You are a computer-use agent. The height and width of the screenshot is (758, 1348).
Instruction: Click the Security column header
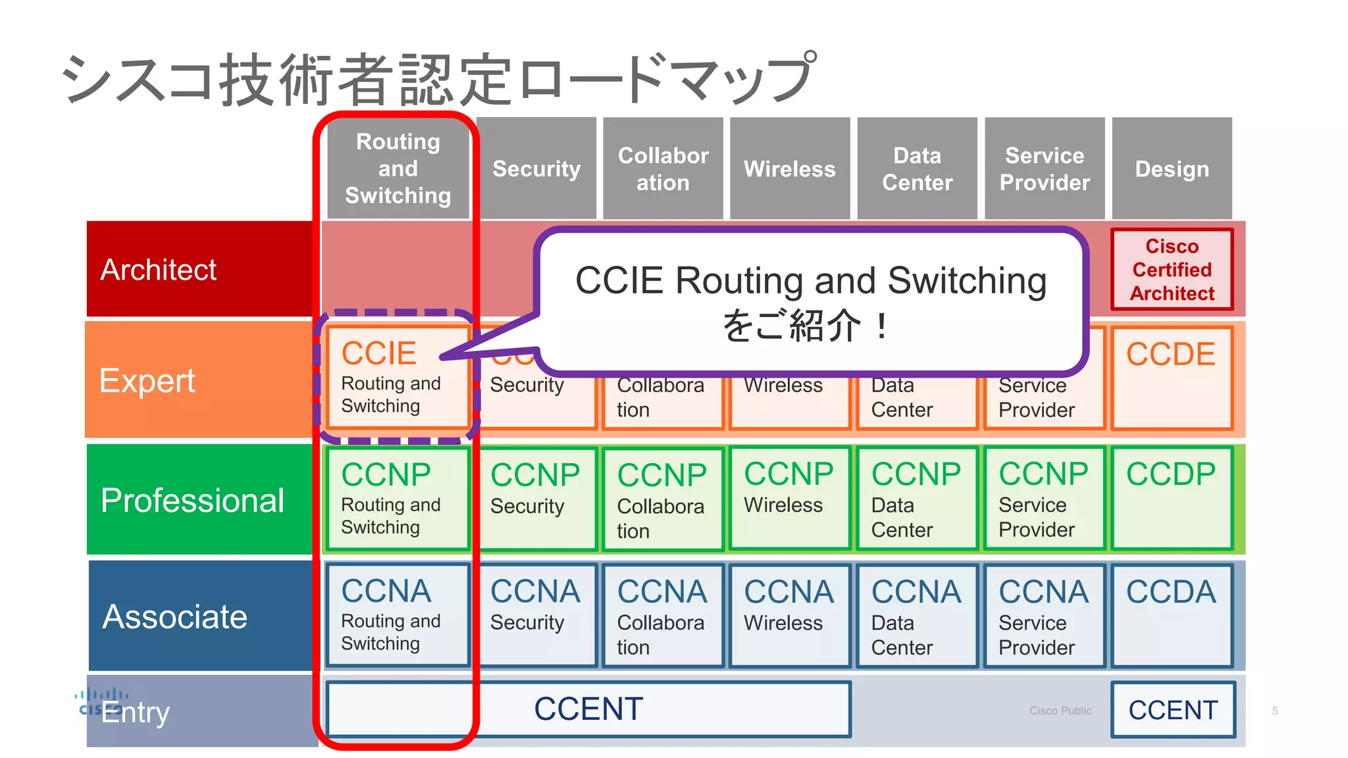pos(536,168)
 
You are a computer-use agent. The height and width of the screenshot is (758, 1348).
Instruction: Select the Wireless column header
pos(789,168)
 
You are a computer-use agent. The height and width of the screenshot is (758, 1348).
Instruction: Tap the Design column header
pos(1172,168)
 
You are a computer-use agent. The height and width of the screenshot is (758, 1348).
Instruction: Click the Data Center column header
pos(917,168)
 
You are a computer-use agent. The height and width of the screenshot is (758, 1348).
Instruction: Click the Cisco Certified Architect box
pos(1172,269)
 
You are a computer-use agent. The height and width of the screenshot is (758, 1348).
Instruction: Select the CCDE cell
pos(1172,378)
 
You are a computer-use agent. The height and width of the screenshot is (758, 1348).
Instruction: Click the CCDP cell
pos(1172,498)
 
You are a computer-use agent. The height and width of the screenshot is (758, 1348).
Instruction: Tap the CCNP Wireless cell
pos(789,498)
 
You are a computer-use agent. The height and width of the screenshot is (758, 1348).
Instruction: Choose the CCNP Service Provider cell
pos(1044,498)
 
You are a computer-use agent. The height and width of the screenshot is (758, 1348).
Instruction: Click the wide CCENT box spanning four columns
pos(588,709)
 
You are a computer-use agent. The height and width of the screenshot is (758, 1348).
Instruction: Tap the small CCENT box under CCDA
pos(1173,709)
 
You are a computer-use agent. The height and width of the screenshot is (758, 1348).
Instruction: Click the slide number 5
pos(1275,711)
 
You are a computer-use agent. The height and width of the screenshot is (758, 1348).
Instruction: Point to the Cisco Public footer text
pos(1060,711)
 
